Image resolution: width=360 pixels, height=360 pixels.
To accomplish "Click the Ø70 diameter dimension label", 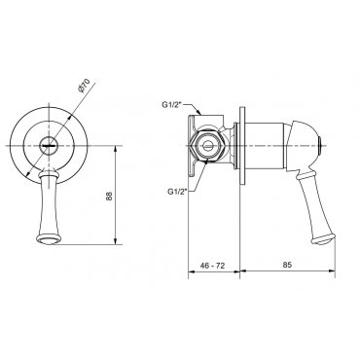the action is click(84, 86).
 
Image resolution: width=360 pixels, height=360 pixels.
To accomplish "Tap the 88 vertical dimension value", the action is click(109, 196).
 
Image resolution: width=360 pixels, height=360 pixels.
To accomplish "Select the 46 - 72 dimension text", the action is click(212, 266).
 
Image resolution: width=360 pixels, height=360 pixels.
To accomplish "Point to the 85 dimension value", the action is click(287, 265).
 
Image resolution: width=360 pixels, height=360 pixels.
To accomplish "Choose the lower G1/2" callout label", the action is click(176, 192).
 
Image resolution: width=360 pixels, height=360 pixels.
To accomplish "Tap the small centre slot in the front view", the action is click(49, 146).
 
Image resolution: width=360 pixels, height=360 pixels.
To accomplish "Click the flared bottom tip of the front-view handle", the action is click(49, 239).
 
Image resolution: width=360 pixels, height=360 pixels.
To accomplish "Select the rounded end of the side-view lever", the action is click(323, 239).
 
